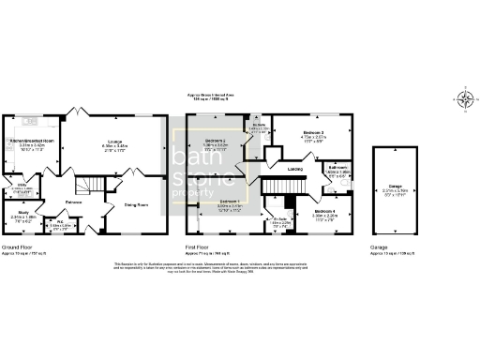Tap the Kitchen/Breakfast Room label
tap(33, 140)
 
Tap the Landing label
tap(295, 170)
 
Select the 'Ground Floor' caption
tap(19, 247)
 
